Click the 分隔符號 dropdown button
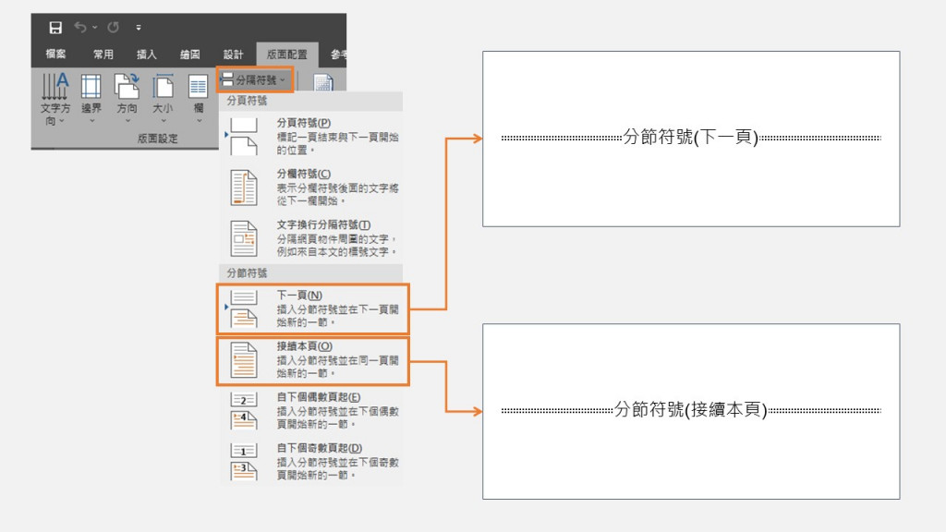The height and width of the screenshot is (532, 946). (256, 80)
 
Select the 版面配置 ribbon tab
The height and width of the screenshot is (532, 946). (286, 54)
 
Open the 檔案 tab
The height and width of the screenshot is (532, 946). (56, 54)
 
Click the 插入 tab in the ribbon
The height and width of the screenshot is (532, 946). (147, 54)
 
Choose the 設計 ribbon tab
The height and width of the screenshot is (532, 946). (233, 54)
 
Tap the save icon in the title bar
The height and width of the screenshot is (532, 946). (55, 28)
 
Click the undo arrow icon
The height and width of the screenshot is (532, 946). (80, 28)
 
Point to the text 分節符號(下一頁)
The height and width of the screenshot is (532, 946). (691, 138)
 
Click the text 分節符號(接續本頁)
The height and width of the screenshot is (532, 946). (691, 410)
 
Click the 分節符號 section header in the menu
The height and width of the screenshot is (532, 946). (248, 273)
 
